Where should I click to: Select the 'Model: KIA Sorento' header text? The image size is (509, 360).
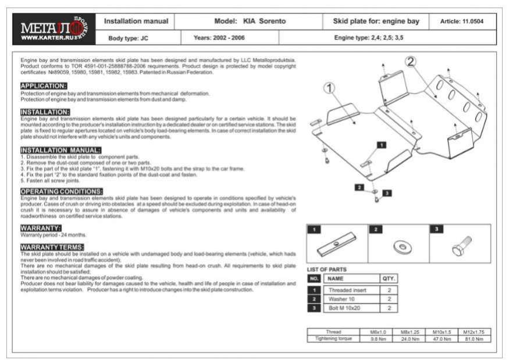click(250, 22)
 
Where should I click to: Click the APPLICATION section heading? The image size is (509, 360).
click(44, 85)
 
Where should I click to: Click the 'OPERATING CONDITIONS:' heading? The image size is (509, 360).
click(62, 191)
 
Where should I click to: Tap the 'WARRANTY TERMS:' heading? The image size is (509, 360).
click(52, 247)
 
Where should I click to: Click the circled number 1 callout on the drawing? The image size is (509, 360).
click(330, 88)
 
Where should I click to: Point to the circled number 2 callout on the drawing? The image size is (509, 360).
click(411, 61)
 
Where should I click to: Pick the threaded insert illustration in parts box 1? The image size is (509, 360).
click(337, 245)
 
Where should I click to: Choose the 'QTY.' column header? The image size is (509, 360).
click(388, 279)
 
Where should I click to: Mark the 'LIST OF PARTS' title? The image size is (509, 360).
click(327, 269)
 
